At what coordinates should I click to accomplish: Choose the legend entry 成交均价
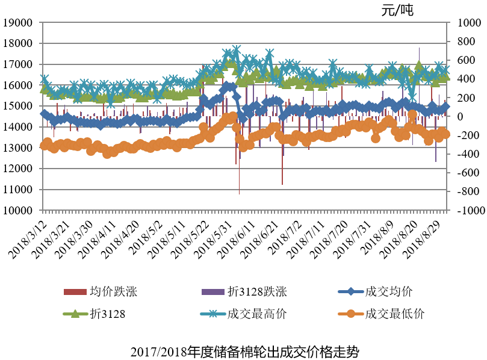[388, 292]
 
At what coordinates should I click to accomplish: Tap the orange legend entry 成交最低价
[394, 313]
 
